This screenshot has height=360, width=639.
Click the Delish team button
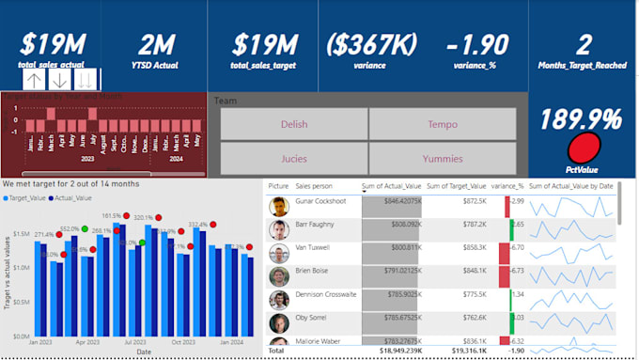[x=293, y=124]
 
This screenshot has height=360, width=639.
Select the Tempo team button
[x=442, y=124]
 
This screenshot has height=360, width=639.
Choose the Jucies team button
[x=293, y=159]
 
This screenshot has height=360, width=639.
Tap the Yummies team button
[x=442, y=159]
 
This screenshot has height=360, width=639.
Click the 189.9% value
[x=583, y=119]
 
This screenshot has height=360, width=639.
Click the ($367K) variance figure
[x=372, y=44]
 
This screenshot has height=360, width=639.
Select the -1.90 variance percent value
[x=476, y=44]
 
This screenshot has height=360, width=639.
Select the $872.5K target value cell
[x=475, y=201]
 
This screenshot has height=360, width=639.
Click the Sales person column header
[x=316, y=186]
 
